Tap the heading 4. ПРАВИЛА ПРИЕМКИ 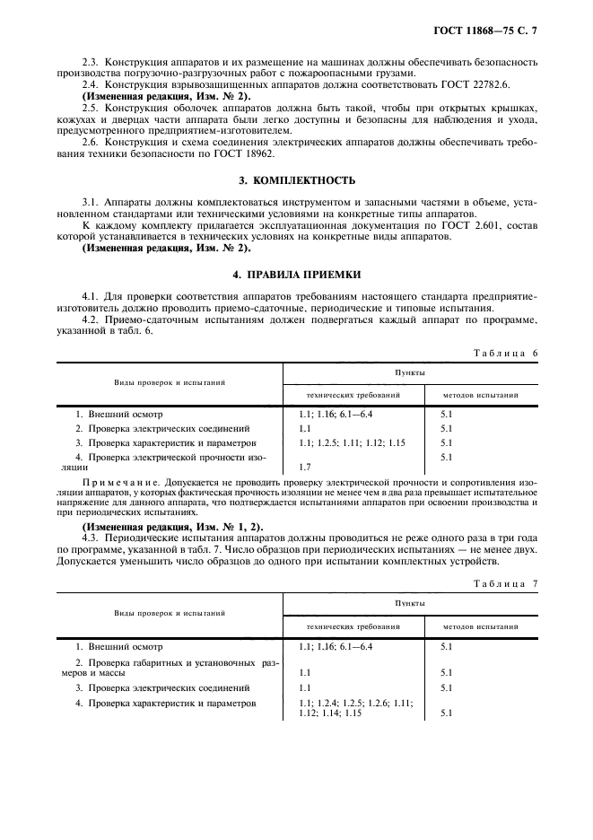296,274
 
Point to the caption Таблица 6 505,353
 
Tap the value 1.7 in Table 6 304,467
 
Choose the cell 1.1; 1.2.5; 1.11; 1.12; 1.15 352,442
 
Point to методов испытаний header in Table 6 480,394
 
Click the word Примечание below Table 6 113,483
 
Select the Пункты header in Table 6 410,372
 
